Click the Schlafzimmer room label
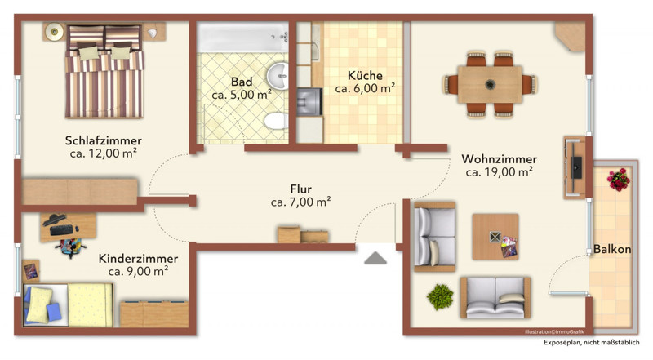coord(104,140)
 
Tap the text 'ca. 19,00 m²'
coord(500,171)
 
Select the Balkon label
coord(611,249)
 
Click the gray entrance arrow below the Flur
coord(375,258)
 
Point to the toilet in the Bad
coord(276,121)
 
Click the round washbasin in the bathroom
coord(278,76)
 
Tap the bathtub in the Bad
coord(242,37)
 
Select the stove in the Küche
coord(309,102)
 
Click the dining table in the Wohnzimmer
coord(490,85)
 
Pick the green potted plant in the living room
coord(440,296)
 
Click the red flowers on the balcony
coord(619,180)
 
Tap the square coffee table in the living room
coord(495,237)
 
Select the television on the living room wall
coord(576,167)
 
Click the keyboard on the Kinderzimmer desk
coord(61,230)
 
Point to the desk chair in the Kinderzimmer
coord(70,247)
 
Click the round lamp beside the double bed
coord(54,32)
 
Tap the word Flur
coord(300,189)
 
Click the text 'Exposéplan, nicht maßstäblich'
coord(591,343)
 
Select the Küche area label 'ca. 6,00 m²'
coord(365,88)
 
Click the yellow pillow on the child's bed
coord(38,304)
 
